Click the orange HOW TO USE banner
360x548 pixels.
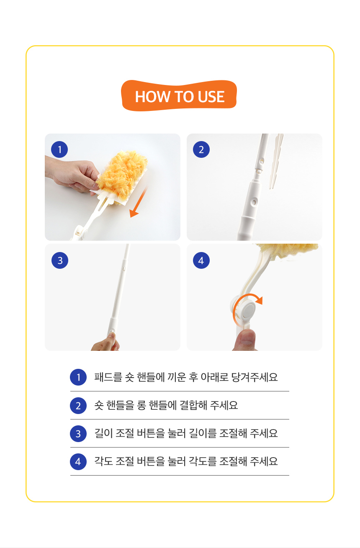point(179,95)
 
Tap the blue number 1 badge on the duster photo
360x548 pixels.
point(59,149)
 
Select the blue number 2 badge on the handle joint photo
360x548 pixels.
point(201,149)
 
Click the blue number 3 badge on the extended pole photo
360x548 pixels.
point(60,260)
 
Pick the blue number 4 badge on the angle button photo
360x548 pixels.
point(201,260)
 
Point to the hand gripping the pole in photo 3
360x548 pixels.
point(105,342)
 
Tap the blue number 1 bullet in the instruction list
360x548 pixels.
point(78,377)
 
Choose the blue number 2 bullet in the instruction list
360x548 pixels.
point(78,406)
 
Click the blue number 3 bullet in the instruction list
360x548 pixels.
point(78,434)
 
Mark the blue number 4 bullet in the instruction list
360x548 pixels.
point(78,462)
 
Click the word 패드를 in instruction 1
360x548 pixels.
point(108,377)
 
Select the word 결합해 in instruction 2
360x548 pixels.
point(193,405)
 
